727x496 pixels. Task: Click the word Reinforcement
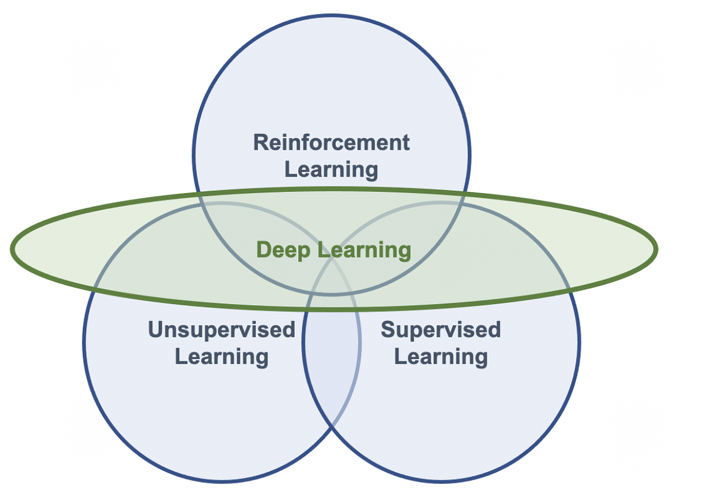pos(331,142)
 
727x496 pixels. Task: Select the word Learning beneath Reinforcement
pos(331,169)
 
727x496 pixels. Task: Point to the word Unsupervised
pos(221,330)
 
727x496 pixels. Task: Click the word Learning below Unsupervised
pos(221,356)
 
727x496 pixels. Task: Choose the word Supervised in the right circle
pos(440,330)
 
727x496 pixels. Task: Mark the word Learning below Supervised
pos(440,356)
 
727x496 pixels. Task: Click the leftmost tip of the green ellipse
pos(12,249)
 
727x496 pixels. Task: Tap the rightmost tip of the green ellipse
pos(656,248)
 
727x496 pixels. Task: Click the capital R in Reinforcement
pos(261,142)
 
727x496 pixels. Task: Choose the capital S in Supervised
pos(388,330)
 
